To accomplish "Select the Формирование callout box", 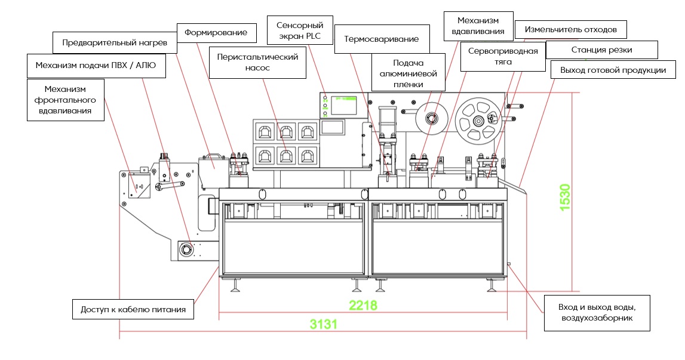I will pos(216,32).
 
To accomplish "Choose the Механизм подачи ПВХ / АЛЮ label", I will pos(96,65).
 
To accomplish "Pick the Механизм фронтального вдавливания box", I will pos(66,100).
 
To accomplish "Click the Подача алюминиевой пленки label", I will pos(408,73).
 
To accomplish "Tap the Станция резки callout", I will pos(601,50).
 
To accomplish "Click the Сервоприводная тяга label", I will pos(503,56).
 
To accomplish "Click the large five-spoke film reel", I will pos(477,121).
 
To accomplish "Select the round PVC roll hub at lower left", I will pos(187,249).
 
